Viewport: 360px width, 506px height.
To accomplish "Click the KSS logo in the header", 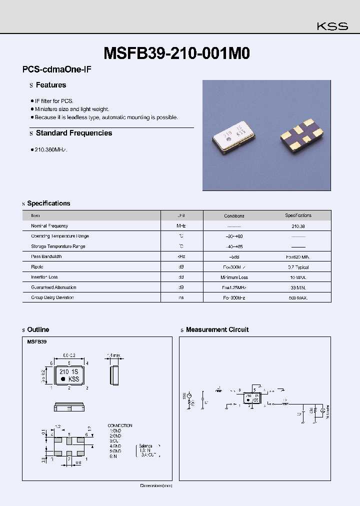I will click(332, 26).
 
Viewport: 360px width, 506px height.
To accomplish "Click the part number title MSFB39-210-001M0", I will click(176, 53).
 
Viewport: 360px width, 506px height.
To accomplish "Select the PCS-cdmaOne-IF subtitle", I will click(56, 70).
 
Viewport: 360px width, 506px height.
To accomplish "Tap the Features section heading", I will click(50, 85).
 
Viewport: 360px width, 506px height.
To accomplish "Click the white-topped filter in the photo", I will click(233, 137).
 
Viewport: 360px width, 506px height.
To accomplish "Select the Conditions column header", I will click(234, 216).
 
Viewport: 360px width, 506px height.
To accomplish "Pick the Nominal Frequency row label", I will click(49, 226).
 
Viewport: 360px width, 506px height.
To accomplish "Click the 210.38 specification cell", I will click(298, 226).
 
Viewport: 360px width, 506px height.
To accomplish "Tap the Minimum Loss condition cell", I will click(234, 277).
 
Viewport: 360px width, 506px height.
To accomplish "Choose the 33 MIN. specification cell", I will click(298, 287).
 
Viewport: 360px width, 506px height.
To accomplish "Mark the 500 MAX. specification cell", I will click(298, 297).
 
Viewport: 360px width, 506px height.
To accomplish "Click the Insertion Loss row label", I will click(44, 277).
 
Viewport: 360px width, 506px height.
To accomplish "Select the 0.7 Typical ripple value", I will click(298, 267).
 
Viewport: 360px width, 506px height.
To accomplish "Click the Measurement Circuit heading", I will click(217, 329).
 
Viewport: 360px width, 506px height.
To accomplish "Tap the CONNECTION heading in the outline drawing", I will click(120, 425).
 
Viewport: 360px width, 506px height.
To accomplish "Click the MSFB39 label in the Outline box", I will click(37, 343).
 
